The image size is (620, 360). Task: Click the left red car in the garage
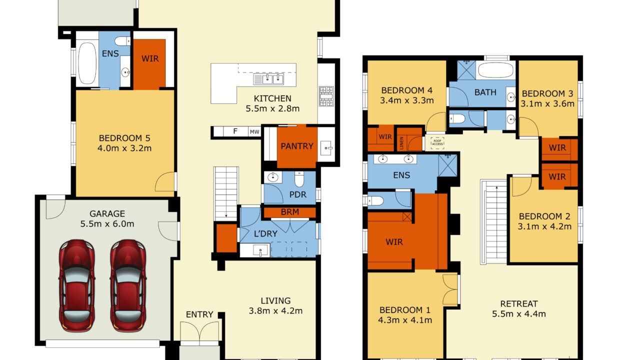(76, 285)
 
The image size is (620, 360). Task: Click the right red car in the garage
(128, 285)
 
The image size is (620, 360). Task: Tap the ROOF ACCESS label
(437, 142)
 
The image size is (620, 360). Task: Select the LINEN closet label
(401, 143)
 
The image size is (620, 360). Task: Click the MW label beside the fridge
(254, 132)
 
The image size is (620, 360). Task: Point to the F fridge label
(235, 131)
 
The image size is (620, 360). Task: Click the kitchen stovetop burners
(326, 96)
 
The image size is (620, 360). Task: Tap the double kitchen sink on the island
(268, 79)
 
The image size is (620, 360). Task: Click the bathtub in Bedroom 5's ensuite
(87, 63)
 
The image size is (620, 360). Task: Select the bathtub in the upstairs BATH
(496, 69)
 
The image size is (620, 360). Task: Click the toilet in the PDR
(299, 179)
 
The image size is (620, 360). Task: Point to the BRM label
(290, 212)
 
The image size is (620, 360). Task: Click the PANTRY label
(297, 146)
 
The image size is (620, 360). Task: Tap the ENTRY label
(199, 314)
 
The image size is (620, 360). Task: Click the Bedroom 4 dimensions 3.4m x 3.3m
(406, 100)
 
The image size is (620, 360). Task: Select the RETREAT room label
(519, 304)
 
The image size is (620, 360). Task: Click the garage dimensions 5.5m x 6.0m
(107, 223)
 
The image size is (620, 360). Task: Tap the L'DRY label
(265, 234)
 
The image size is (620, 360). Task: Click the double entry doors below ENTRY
(199, 333)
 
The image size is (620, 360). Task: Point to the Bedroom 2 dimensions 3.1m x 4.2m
(544, 226)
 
